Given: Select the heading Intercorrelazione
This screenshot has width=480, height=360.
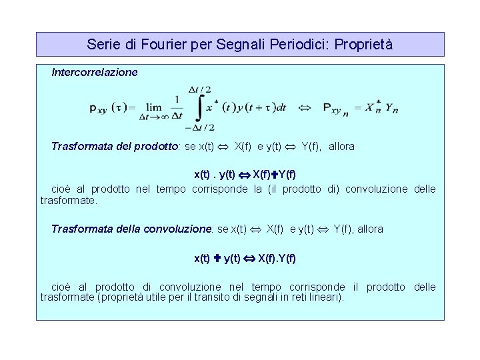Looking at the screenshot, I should (95, 71).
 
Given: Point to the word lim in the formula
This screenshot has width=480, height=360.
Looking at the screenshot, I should (154, 105).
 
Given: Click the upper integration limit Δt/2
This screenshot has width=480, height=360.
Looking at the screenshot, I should (200, 89).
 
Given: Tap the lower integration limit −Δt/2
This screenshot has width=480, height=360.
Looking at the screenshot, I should (199, 127).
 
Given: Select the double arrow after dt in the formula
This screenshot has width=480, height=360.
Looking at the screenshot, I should (304, 107).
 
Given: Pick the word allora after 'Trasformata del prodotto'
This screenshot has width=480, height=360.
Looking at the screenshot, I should (341, 146).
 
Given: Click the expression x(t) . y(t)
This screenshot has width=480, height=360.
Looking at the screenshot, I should (214, 175).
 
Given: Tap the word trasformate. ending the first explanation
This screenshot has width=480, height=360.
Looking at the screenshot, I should (69, 199).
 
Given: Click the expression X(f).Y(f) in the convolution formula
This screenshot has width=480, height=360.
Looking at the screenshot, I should (277, 257).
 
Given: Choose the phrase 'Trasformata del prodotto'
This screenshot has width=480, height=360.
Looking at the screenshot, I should (114, 146).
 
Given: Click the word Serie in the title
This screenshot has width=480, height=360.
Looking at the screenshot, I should (102, 45).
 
